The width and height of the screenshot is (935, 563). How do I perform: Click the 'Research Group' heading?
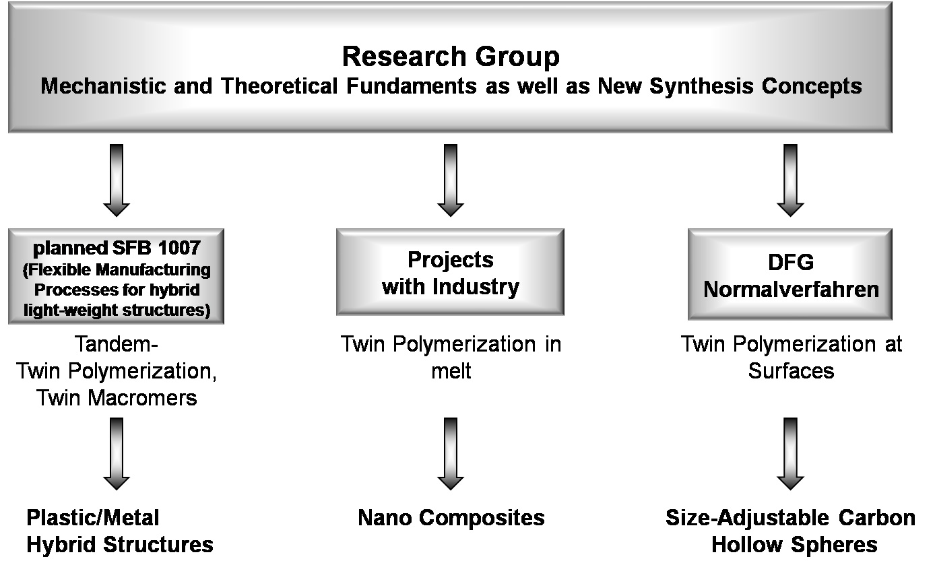point(451,57)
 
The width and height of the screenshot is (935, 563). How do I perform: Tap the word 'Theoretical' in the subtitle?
point(280,86)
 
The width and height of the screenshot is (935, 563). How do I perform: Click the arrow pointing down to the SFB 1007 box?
point(117,180)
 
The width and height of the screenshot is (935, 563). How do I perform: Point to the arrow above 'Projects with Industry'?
point(451,180)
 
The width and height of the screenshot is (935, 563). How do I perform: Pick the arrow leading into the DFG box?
point(791,180)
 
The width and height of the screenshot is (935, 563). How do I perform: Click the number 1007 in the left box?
point(179,248)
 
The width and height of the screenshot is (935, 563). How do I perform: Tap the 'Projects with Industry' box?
point(451,272)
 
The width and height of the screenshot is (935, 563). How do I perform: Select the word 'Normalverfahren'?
point(791,290)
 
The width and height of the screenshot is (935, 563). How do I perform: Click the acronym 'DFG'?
point(791,263)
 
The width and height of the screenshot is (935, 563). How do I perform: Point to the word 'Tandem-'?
point(117,344)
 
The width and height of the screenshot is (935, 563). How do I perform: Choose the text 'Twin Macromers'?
point(117,398)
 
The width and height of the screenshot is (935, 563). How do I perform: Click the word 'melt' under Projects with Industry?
point(451,371)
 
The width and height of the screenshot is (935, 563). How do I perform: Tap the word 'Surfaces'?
point(791,371)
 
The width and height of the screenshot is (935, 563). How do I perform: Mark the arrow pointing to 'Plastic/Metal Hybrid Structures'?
point(117,454)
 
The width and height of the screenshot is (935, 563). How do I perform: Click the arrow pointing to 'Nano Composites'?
point(451,454)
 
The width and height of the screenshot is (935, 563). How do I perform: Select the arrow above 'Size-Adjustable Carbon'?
point(791,454)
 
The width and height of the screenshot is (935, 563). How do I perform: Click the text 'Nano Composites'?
point(451,518)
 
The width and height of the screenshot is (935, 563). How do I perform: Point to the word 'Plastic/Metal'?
point(93,518)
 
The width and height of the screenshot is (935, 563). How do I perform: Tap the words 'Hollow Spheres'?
point(794,545)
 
